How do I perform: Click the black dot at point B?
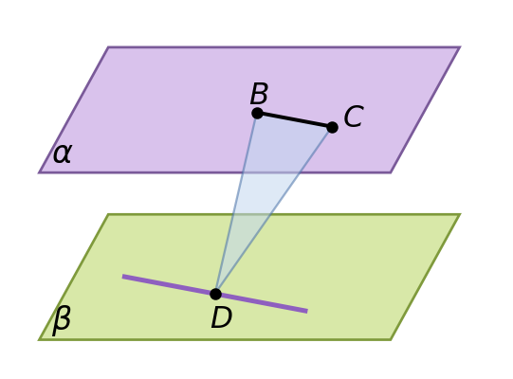[258, 113]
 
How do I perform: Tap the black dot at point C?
[332, 127]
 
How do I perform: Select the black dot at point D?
[215, 294]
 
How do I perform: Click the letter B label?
[259, 94]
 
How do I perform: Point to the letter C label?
[354, 117]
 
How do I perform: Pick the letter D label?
[222, 317]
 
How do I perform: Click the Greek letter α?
[62, 153]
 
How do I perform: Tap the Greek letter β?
[62, 320]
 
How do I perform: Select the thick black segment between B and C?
[295, 120]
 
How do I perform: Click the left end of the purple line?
[122, 277]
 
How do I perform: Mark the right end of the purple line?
[307, 312]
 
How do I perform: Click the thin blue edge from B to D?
[236, 204]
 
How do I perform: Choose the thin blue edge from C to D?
[274, 210]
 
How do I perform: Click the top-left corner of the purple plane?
[108, 47]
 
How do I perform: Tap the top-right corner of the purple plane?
[460, 47]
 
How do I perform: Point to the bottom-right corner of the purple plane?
[391, 172]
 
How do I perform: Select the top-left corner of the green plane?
[108, 214]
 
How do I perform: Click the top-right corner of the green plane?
[460, 214]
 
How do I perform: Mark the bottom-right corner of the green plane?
[391, 339]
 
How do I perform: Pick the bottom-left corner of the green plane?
[40, 339]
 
